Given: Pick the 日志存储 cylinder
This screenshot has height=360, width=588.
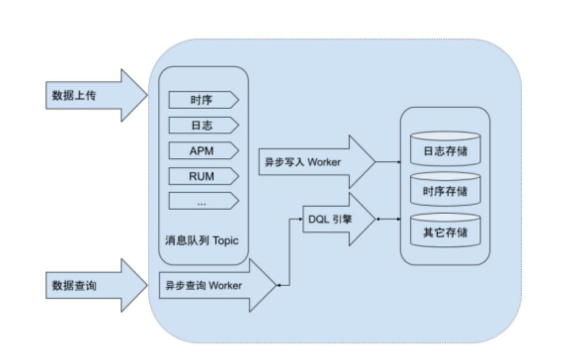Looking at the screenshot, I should [445, 150].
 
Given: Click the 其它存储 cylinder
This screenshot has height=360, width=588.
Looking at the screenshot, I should [445, 232].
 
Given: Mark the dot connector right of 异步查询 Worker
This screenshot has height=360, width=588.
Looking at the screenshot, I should [279, 285].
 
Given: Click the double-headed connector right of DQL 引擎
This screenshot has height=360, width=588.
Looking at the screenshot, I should [388, 219].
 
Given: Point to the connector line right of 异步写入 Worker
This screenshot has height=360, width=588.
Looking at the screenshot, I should [388, 162].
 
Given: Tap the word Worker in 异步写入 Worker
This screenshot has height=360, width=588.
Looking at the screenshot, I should [324, 162].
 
